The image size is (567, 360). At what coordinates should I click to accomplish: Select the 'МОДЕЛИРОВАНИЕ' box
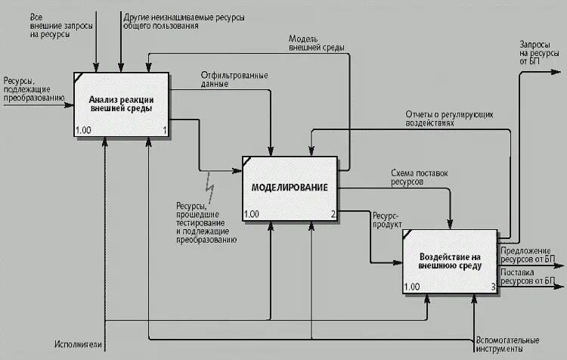(290, 188)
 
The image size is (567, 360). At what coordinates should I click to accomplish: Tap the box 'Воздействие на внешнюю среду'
(449, 261)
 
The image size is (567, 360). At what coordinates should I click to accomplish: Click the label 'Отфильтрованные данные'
(234, 80)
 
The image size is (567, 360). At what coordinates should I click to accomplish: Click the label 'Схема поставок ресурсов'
(419, 178)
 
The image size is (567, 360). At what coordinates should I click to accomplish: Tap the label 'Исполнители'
(74, 345)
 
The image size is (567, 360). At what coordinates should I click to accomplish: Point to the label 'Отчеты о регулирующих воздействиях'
(447, 118)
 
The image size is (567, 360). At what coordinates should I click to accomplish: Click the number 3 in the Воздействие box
(493, 287)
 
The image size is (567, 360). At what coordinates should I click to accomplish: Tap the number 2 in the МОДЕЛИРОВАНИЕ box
(333, 215)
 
